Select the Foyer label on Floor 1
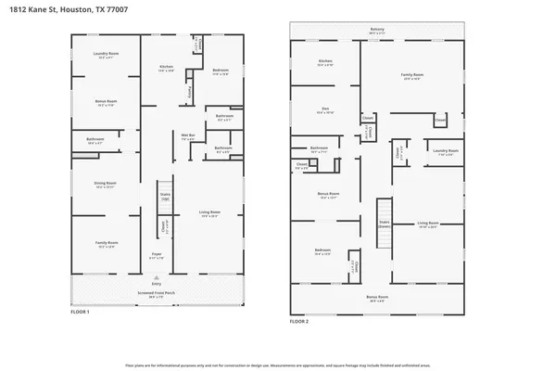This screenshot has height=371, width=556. [x=157, y=256]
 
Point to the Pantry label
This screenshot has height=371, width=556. [x=191, y=91]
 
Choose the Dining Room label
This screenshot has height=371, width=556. [x=106, y=185]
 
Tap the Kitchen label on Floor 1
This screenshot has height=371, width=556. [x=167, y=68]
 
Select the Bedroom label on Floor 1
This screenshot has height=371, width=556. [x=220, y=71]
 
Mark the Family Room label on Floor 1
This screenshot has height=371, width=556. [x=106, y=245]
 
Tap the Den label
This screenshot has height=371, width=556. [x=325, y=110]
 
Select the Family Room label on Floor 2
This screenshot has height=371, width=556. [x=411, y=75]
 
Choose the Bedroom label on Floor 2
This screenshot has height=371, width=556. [x=322, y=252]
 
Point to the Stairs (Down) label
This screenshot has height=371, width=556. [x=383, y=224]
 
